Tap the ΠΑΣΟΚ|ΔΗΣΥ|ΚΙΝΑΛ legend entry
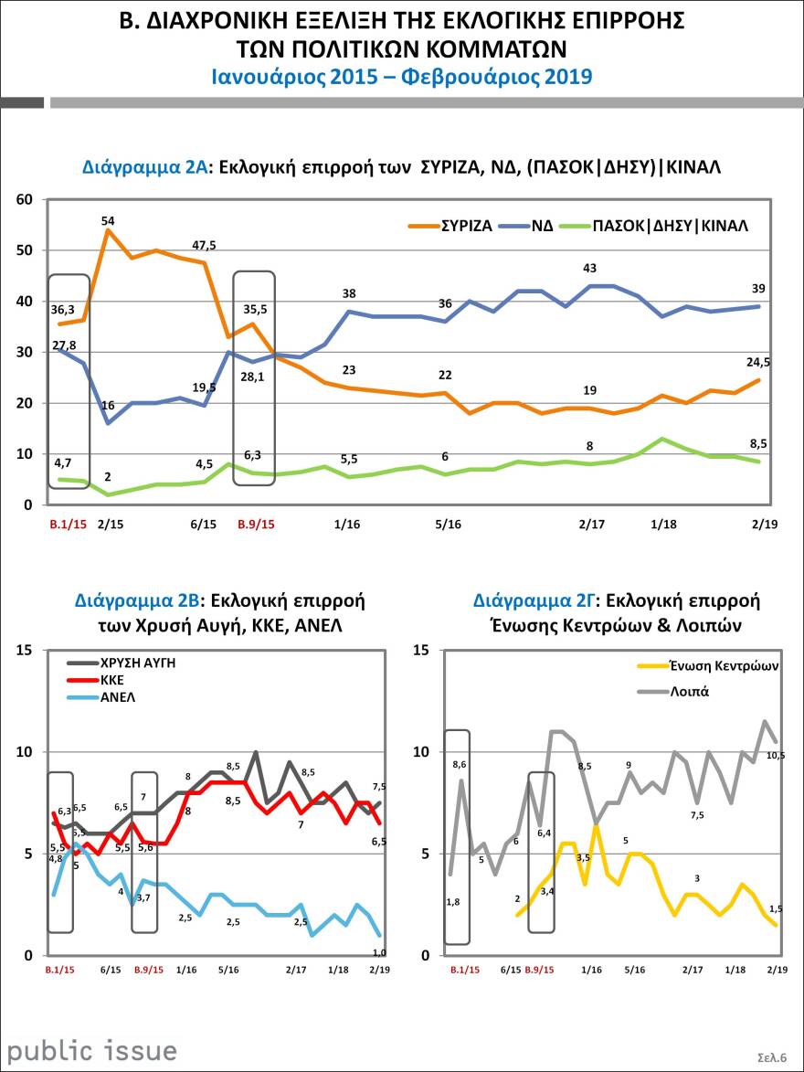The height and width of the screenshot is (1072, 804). [x=670, y=224]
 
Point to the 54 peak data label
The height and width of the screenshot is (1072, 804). [x=108, y=220]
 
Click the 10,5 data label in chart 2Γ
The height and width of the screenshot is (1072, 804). [x=776, y=754]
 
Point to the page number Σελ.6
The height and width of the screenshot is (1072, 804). [x=772, y=1056]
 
